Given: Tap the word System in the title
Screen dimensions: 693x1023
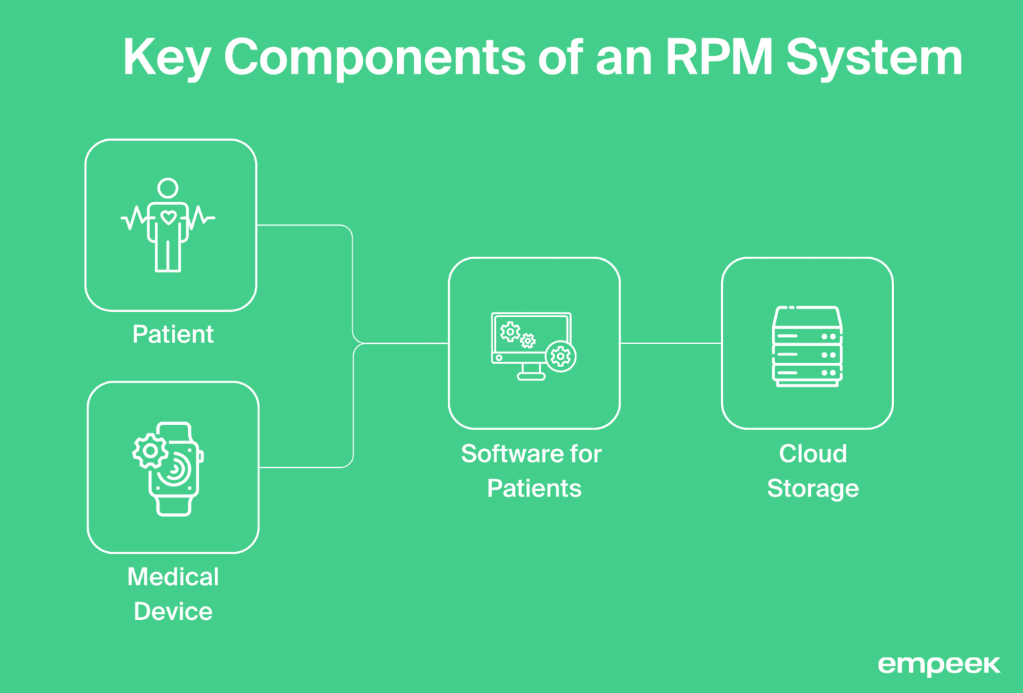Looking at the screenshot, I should coord(874,58).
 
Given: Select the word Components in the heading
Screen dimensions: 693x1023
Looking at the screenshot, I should coord(374,58).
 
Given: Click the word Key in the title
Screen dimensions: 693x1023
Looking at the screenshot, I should coord(166,58).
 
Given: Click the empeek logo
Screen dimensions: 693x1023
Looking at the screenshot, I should coord(938,665).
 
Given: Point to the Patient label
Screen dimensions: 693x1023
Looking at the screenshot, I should coord(173,334).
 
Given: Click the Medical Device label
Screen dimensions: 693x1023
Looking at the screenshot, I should coord(173,594).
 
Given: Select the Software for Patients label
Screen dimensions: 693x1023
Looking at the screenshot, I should coord(532,471).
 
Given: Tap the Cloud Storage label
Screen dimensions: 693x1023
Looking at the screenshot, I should coord(812,471).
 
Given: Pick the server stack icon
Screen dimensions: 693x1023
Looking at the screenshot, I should coord(807,346).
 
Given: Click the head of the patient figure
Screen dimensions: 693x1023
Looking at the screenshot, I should coord(168,188).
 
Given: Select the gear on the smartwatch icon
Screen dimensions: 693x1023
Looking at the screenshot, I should coord(150,451).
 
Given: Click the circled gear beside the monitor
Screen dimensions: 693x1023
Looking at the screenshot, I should coord(561,357).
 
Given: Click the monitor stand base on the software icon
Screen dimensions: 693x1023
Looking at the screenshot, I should coord(531,377).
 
